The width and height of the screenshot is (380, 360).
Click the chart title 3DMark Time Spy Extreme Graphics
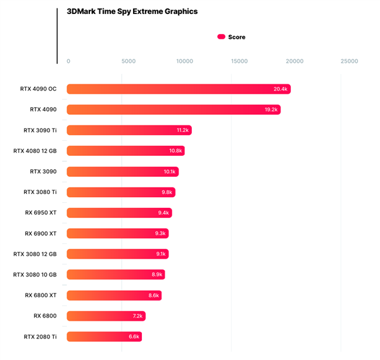132,11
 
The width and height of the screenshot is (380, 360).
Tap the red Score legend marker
222,37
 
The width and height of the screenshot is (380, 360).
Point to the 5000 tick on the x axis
128,61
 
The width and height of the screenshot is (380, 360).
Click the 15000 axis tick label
239,61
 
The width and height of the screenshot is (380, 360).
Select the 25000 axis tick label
349,61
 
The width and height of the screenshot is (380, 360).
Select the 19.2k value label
271,110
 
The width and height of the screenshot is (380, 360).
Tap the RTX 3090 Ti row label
40,130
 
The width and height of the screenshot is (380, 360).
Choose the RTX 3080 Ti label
40,192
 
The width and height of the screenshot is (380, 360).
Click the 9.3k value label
160,233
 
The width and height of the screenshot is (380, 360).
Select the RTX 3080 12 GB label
35,254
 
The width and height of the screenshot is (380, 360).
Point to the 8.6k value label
153,295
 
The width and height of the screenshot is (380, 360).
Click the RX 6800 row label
45,316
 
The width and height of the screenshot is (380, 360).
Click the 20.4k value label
281,89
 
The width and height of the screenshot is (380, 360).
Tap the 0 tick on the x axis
68,61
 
